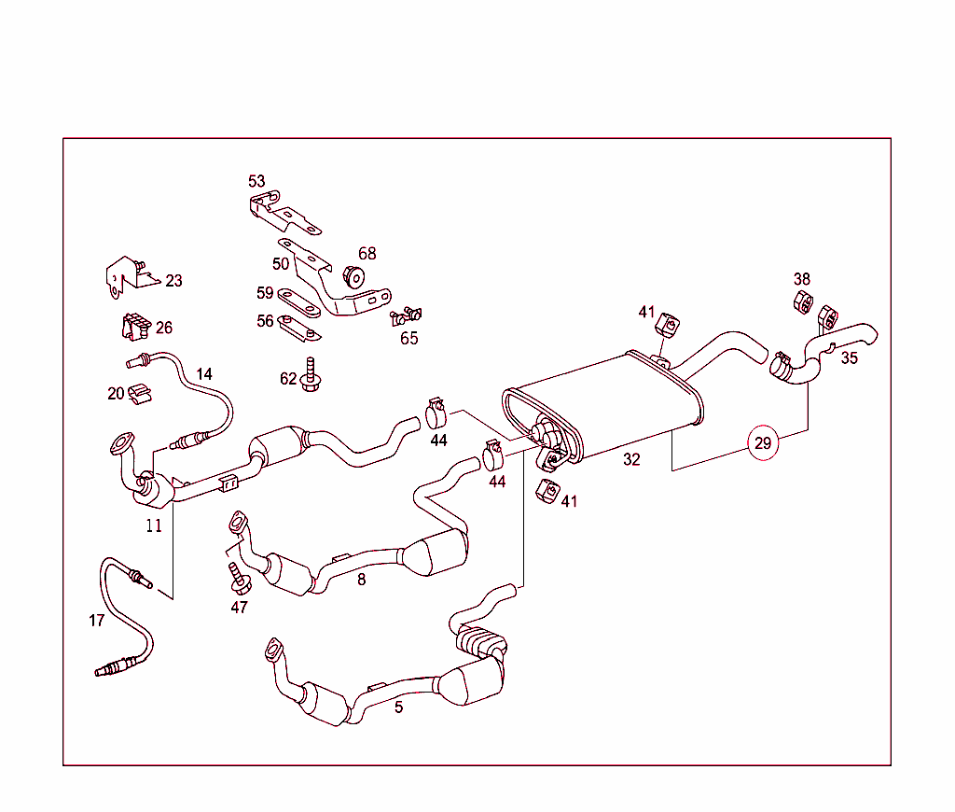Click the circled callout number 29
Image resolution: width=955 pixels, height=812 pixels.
point(763,443)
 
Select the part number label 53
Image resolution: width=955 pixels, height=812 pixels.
point(256,181)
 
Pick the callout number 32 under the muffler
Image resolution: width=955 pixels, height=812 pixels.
point(631,459)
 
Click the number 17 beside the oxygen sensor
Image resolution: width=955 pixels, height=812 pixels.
point(97,621)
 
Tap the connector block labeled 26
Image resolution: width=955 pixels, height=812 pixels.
point(134,328)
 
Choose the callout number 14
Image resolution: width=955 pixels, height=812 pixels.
point(204,374)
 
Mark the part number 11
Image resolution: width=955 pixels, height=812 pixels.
point(154,525)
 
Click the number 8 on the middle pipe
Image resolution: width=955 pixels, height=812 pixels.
point(361,580)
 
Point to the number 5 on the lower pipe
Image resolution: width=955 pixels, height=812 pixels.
point(398,707)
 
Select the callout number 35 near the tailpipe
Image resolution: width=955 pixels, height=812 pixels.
point(849,357)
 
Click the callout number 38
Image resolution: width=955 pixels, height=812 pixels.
point(802,279)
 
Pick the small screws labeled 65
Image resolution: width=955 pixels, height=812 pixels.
point(407,318)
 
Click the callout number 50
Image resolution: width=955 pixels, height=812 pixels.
point(281,264)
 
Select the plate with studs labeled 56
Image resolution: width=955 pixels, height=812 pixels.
point(300,329)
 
